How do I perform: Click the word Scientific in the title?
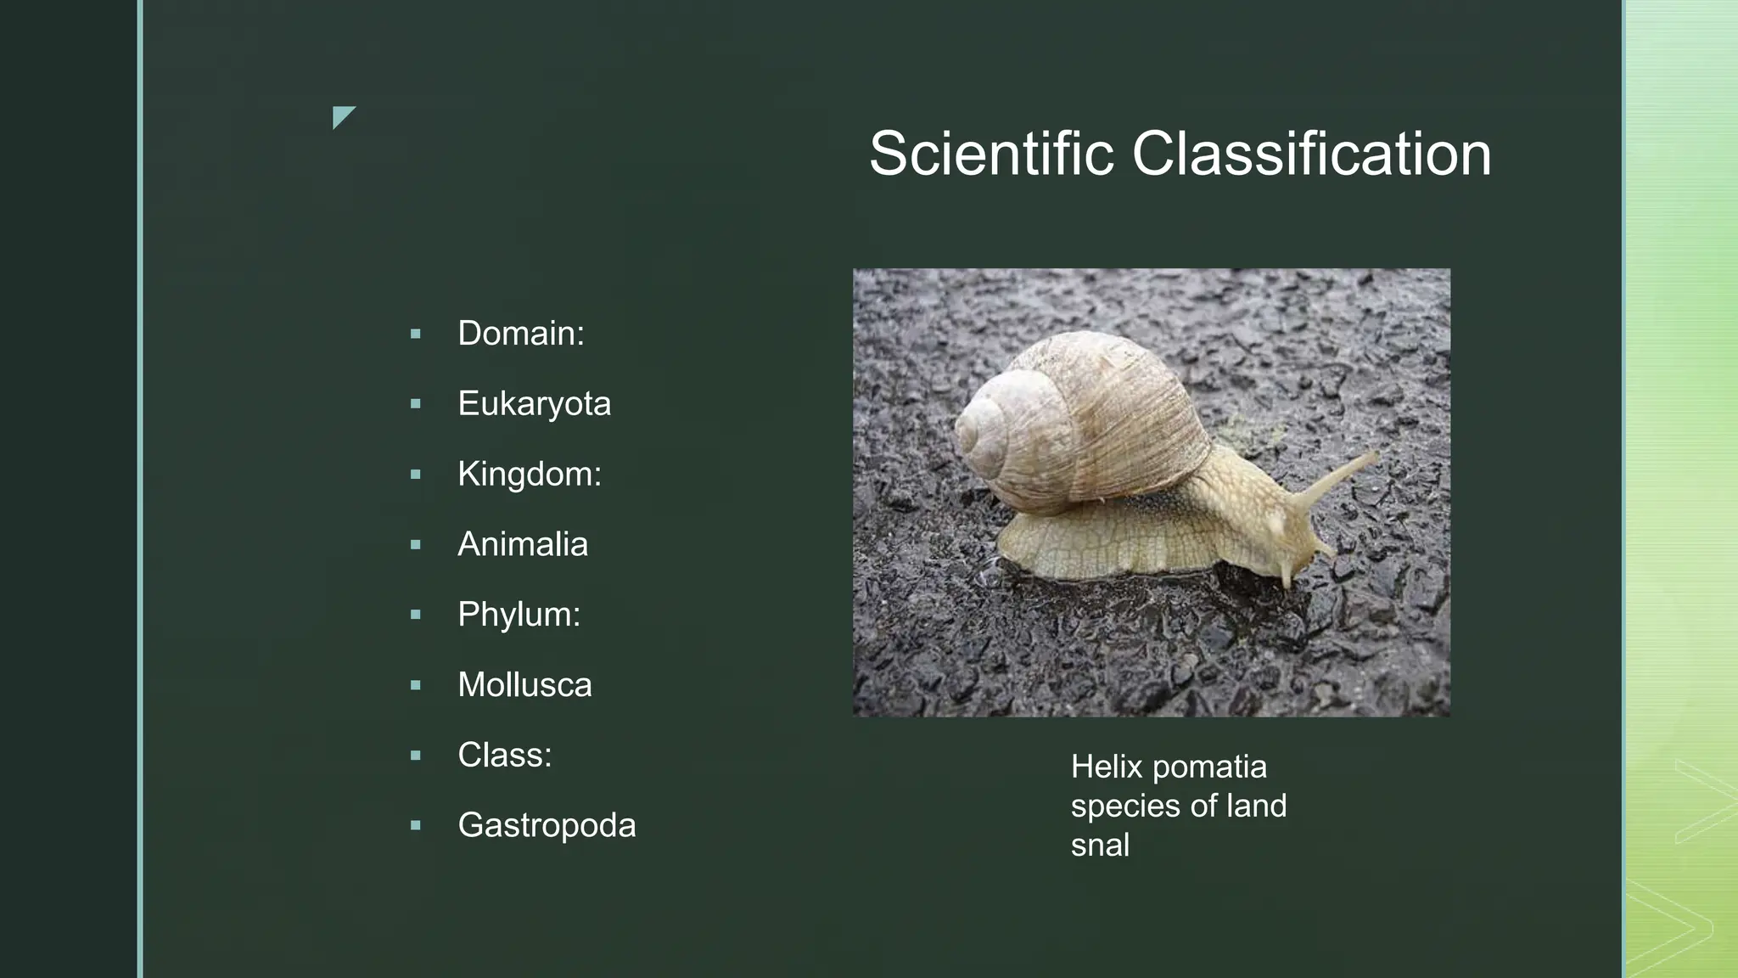[990, 155]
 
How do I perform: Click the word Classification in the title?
[1310, 155]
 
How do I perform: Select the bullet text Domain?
[520, 334]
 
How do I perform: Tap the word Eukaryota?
[534, 404]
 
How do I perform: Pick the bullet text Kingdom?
[529, 474]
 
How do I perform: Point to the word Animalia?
[522, 544]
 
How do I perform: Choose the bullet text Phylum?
[519, 615]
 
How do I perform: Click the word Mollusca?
[524, 685]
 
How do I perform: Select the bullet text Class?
[504, 755]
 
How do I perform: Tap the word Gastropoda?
[547, 825]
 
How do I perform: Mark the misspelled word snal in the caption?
[1100, 846]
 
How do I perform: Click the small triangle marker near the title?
[341, 115]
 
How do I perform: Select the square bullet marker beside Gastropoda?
[415, 825]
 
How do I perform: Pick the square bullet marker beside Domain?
[415, 334]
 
